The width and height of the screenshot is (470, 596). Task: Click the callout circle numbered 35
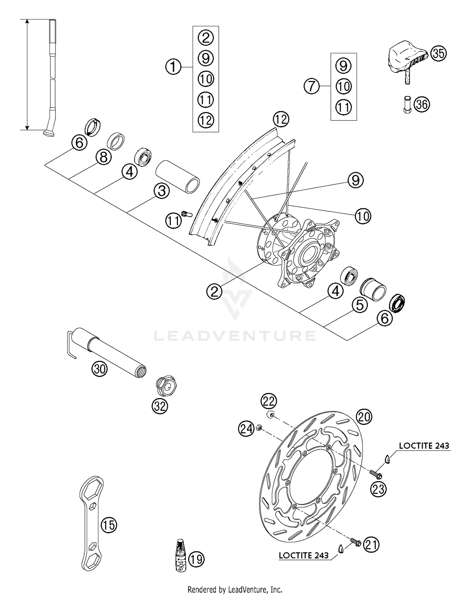click(x=438, y=53)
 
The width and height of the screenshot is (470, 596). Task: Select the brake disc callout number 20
click(x=363, y=417)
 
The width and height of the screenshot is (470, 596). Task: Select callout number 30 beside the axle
click(x=99, y=369)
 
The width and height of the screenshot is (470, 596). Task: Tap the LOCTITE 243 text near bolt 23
click(x=424, y=446)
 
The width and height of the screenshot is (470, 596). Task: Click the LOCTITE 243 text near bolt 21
click(x=304, y=556)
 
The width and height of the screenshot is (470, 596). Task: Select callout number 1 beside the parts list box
click(x=173, y=67)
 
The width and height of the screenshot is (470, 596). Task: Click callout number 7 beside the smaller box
click(x=311, y=86)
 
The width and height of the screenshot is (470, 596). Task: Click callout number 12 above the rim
click(x=281, y=119)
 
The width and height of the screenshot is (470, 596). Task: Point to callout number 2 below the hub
click(x=214, y=292)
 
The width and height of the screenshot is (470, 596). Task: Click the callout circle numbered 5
click(x=359, y=305)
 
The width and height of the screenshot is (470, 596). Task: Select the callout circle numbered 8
click(x=104, y=157)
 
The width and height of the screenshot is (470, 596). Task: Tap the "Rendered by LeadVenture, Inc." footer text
click(x=235, y=589)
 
